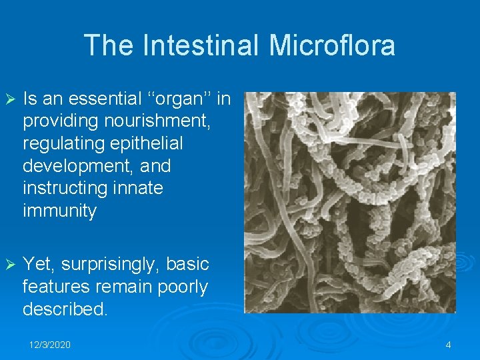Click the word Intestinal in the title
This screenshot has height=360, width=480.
199,45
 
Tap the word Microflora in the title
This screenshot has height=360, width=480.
332,45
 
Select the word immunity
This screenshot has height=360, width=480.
59,211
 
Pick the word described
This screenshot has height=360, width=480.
65,309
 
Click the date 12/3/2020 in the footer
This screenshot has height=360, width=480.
50,345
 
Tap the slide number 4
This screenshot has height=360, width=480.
448,345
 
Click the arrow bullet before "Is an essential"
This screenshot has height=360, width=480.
9,99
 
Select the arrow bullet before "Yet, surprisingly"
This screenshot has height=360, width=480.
9,265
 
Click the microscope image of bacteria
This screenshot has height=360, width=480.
350,202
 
